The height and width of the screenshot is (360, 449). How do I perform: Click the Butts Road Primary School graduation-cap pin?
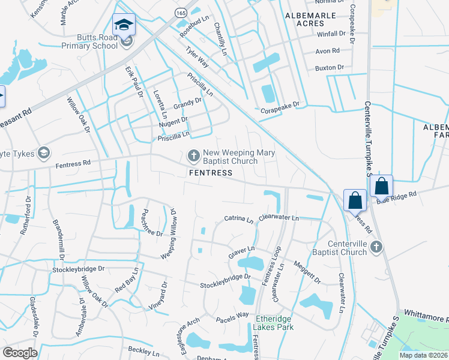(124, 25)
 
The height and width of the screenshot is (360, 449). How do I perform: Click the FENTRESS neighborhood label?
(210, 173)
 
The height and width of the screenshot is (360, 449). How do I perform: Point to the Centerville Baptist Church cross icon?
(376, 247)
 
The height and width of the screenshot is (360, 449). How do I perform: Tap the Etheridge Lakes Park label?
(274, 323)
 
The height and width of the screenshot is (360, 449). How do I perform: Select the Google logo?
(20, 353)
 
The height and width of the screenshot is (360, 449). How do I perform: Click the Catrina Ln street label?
(239, 220)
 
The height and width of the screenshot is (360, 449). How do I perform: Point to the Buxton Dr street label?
(329, 68)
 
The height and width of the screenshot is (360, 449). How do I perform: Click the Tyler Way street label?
(197, 57)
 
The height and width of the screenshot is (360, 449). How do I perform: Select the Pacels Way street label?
(232, 315)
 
